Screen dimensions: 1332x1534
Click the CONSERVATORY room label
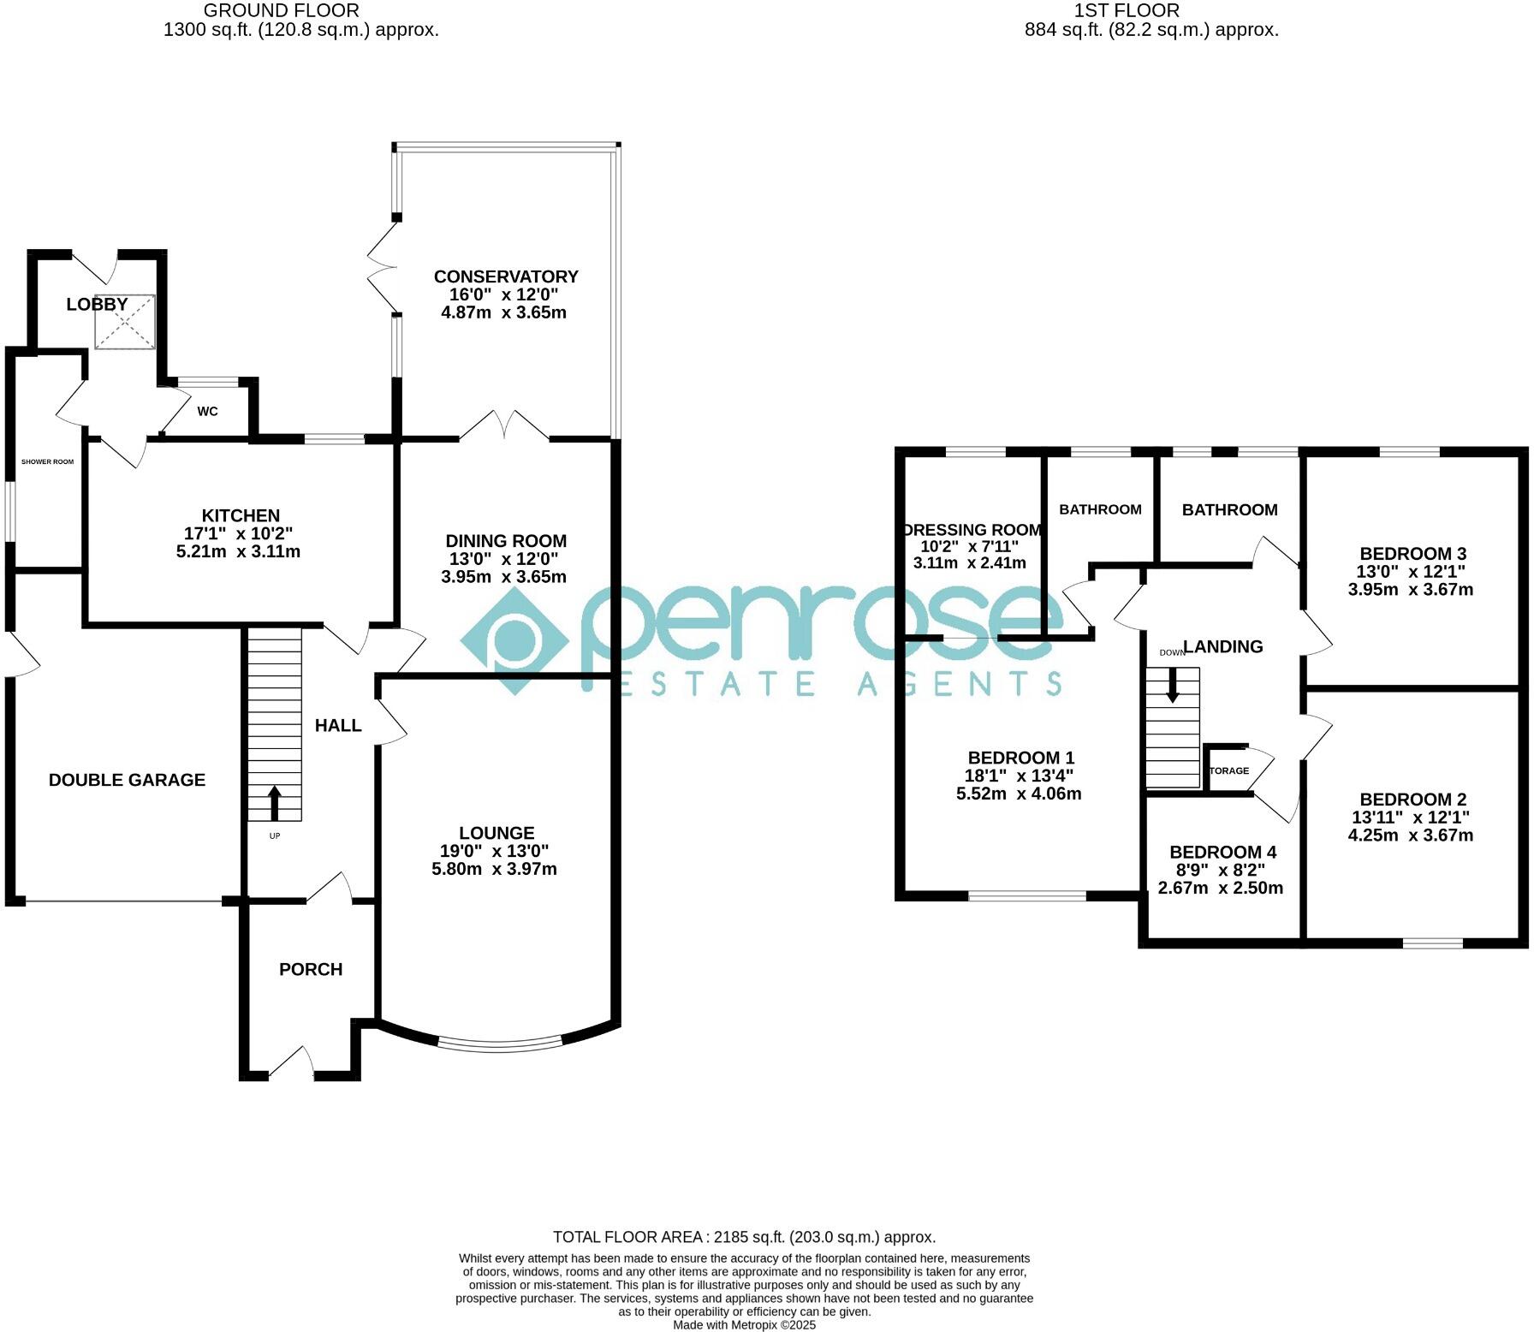click(x=506, y=277)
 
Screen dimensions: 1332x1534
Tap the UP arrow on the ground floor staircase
click(x=275, y=803)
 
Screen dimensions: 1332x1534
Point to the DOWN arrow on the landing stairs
click(x=1172, y=684)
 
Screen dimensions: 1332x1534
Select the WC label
click(x=208, y=412)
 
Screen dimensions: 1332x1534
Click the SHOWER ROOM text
click(x=48, y=462)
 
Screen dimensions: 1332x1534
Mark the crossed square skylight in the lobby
click(x=125, y=322)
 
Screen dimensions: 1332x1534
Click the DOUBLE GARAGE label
click(x=127, y=780)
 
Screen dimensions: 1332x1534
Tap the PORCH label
click(x=311, y=969)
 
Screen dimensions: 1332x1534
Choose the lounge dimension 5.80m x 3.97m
click(x=495, y=869)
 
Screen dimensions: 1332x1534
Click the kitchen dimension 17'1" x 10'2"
click(x=240, y=533)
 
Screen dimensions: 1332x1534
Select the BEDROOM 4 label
click(x=1222, y=852)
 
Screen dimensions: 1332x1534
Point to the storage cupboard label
click(x=1229, y=770)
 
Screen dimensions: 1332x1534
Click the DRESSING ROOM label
click(x=972, y=530)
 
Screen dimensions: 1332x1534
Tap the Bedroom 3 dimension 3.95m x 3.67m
click(x=1411, y=590)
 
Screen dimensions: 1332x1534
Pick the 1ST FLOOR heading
click(x=1127, y=11)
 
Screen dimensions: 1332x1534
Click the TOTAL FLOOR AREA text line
click(x=744, y=1237)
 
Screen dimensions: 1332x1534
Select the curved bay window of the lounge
click(x=500, y=1044)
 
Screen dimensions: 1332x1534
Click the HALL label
click(x=338, y=726)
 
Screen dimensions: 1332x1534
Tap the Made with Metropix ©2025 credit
click(x=744, y=1325)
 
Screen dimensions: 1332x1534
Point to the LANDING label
click(x=1222, y=647)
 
